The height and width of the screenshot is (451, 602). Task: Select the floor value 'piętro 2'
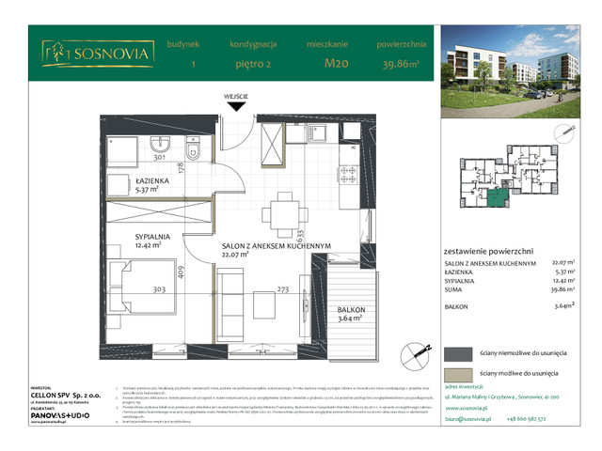251,65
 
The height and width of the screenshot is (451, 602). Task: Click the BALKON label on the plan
352,309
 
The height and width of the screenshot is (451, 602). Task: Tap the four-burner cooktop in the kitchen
347,173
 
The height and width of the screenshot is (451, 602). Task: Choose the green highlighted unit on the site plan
497,195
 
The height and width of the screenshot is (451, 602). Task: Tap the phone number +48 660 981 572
545,421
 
